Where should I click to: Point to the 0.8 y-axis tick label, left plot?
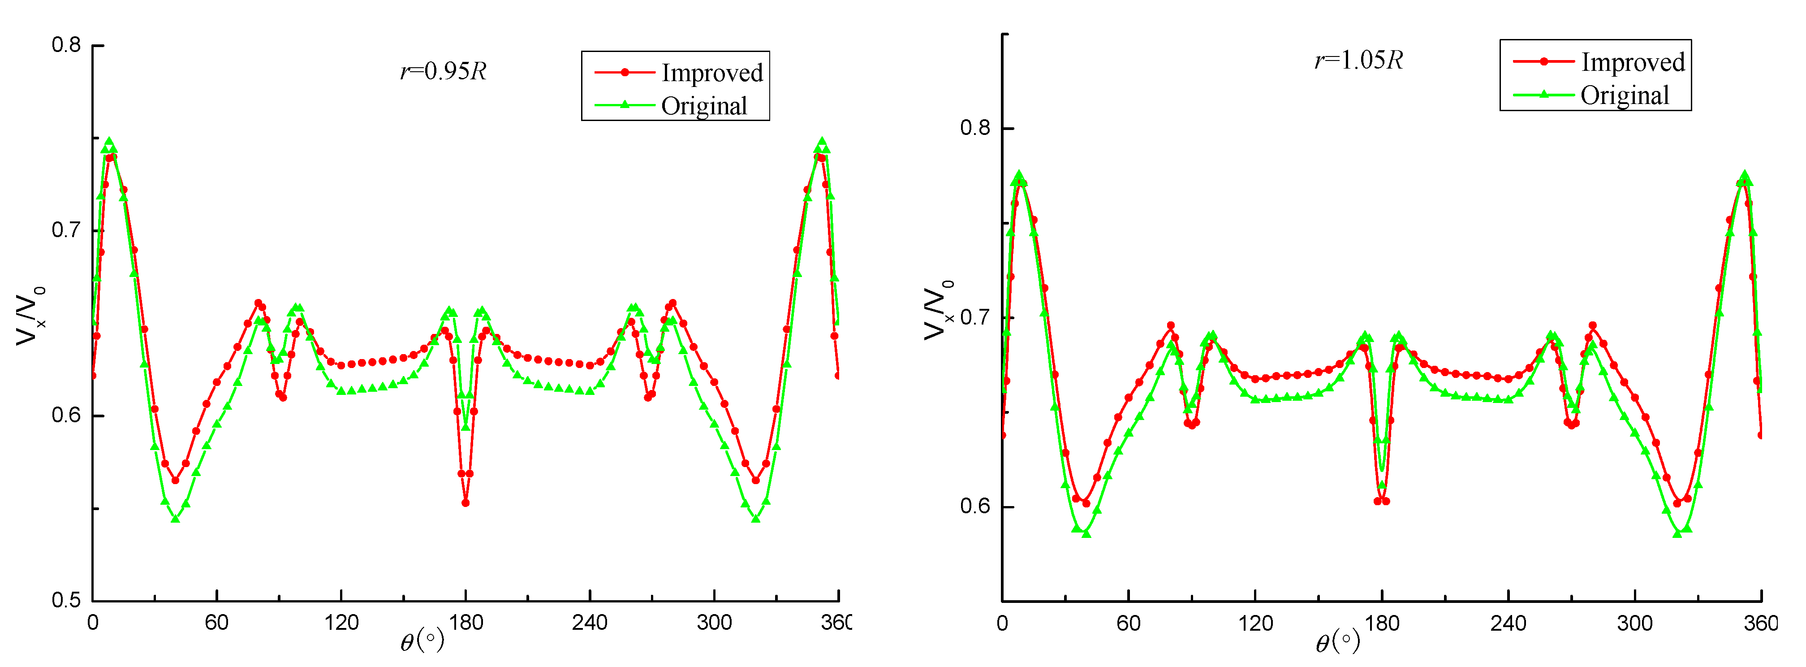tap(67, 45)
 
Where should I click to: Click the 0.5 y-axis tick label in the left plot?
tap(67, 600)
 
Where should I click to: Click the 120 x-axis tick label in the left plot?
tap(341, 622)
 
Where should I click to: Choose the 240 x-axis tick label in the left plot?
tap(590, 622)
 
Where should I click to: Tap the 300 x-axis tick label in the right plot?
tap(1634, 623)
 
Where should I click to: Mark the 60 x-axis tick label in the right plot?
tap(1128, 623)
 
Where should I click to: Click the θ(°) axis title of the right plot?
tap(1337, 641)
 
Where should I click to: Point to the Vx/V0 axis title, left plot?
tap(30, 316)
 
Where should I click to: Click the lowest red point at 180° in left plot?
tap(466, 503)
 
